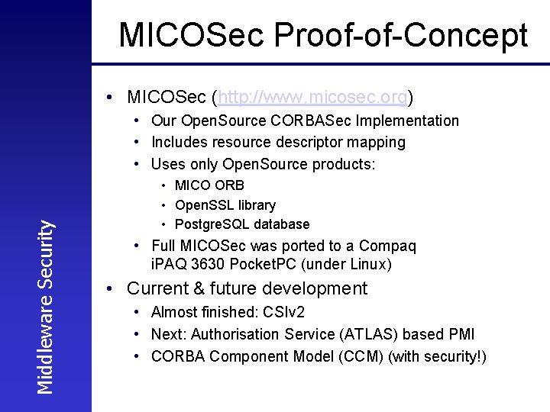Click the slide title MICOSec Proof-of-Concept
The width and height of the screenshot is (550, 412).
[323, 35]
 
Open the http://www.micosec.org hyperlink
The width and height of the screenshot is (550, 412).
[313, 98]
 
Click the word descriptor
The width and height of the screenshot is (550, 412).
[309, 142]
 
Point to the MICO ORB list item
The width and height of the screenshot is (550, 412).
[209, 185]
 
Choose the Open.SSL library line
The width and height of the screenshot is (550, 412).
[225, 204]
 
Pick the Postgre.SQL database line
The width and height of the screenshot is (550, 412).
[241, 224]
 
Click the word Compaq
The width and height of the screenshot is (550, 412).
[390, 246]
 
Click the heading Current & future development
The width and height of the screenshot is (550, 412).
[247, 288]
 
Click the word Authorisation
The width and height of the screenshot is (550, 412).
[238, 334]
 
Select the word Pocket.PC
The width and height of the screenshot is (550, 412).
[264, 265]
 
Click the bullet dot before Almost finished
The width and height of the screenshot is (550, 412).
[134, 313]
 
